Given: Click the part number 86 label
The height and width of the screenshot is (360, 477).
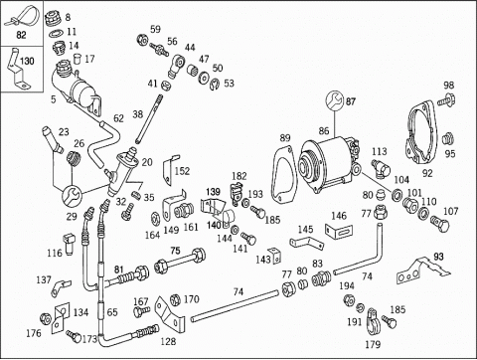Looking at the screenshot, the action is click(x=324, y=130).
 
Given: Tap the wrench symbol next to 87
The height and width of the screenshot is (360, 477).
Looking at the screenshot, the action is click(x=334, y=99).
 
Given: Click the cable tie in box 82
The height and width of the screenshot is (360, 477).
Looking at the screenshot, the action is click(x=21, y=16).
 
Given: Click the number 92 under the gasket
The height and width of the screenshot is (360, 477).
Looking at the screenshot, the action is click(x=427, y=173).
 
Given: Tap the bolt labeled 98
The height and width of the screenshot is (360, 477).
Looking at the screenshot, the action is click(x=445, y=99).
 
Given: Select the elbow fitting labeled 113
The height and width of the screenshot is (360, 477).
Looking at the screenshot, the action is click(x=381, y=167).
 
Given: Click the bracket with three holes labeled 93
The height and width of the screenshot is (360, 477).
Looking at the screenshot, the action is click(x=422, y=270).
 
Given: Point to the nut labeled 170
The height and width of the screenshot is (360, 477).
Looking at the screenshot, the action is click(x=175, y=300).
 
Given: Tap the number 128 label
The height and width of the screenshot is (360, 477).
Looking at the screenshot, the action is click(x=168, y=341).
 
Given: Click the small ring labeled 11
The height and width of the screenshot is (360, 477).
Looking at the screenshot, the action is click(x=57, y=33).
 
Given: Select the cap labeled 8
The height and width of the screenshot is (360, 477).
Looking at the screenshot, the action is click(x=53, y=18).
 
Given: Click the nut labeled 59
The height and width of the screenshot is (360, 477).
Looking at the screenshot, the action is click(x=142, y=40).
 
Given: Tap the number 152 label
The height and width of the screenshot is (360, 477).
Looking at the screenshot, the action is click(x=182, y=171).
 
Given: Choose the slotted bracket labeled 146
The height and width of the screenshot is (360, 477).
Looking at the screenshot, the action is click(x=339, y=231).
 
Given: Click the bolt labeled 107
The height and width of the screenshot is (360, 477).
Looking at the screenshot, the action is click(x=440, y=224).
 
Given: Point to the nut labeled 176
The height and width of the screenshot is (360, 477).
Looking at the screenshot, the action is click(x=46, y=319).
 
